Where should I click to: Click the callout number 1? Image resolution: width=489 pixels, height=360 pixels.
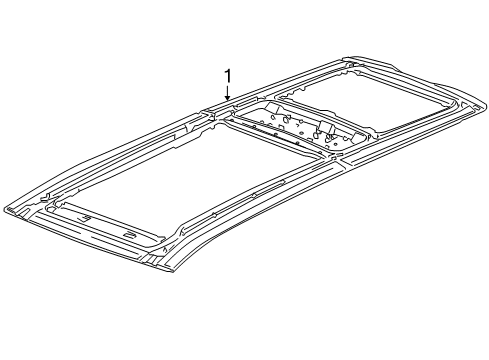pyautogui.click(x=228, y=76)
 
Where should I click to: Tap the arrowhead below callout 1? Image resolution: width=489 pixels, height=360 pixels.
pyautogui.click(x=228, y=98)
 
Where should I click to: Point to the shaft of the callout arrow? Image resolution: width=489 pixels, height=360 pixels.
pyautogui.click(x=228, y=91)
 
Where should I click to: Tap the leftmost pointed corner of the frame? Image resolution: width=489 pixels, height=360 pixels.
pyautogui.click(x=6, y=210)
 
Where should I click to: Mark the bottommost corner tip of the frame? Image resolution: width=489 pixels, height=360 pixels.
pyautogui.click(x=172, y=271)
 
